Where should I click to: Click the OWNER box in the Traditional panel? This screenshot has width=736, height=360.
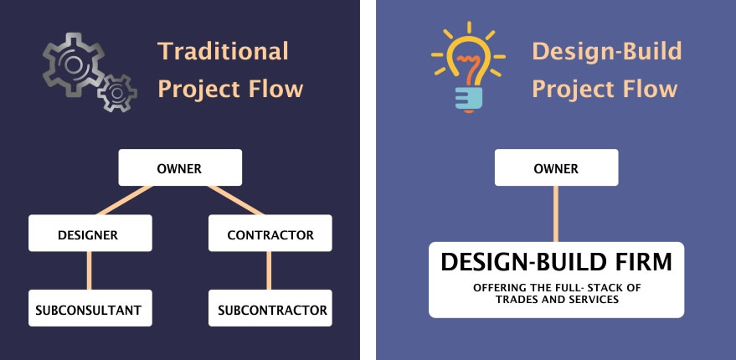[x=180, y=167]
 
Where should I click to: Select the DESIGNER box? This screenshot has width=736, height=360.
[x=90, y=233]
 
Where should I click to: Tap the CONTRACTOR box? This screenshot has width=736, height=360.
[x=270, y=233]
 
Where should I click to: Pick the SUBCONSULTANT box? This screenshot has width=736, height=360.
[x=90, y=308]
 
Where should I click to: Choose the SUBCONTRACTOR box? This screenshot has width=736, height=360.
[x=270, y=308]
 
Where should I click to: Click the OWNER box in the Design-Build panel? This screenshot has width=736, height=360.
[x=556, y=167]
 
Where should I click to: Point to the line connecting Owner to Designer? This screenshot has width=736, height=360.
[x=125, y=200]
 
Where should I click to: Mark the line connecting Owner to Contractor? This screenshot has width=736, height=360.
[x=235, y=200]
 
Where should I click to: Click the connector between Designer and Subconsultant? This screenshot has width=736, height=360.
[x=90, y=270]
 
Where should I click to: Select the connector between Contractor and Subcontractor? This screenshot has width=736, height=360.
[x=269, y=270]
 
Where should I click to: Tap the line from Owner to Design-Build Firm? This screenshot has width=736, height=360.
[x=556, y=214]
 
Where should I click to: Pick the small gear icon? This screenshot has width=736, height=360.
[x=117, y=93]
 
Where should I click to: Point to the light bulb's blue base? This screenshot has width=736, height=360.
[x=468, y=98]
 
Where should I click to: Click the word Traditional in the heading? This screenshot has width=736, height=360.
[x=223, y=51]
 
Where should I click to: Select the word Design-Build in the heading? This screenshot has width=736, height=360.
[x=607, y=51]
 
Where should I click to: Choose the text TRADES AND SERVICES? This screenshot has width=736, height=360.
[x=557, y=299]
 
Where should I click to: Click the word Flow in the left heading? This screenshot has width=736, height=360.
[x=276, y=89]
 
